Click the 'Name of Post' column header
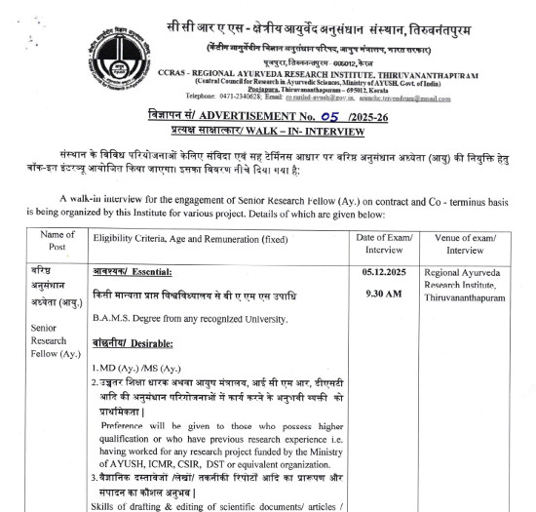pos(45,242)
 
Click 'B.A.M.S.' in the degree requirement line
pos(115,319)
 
